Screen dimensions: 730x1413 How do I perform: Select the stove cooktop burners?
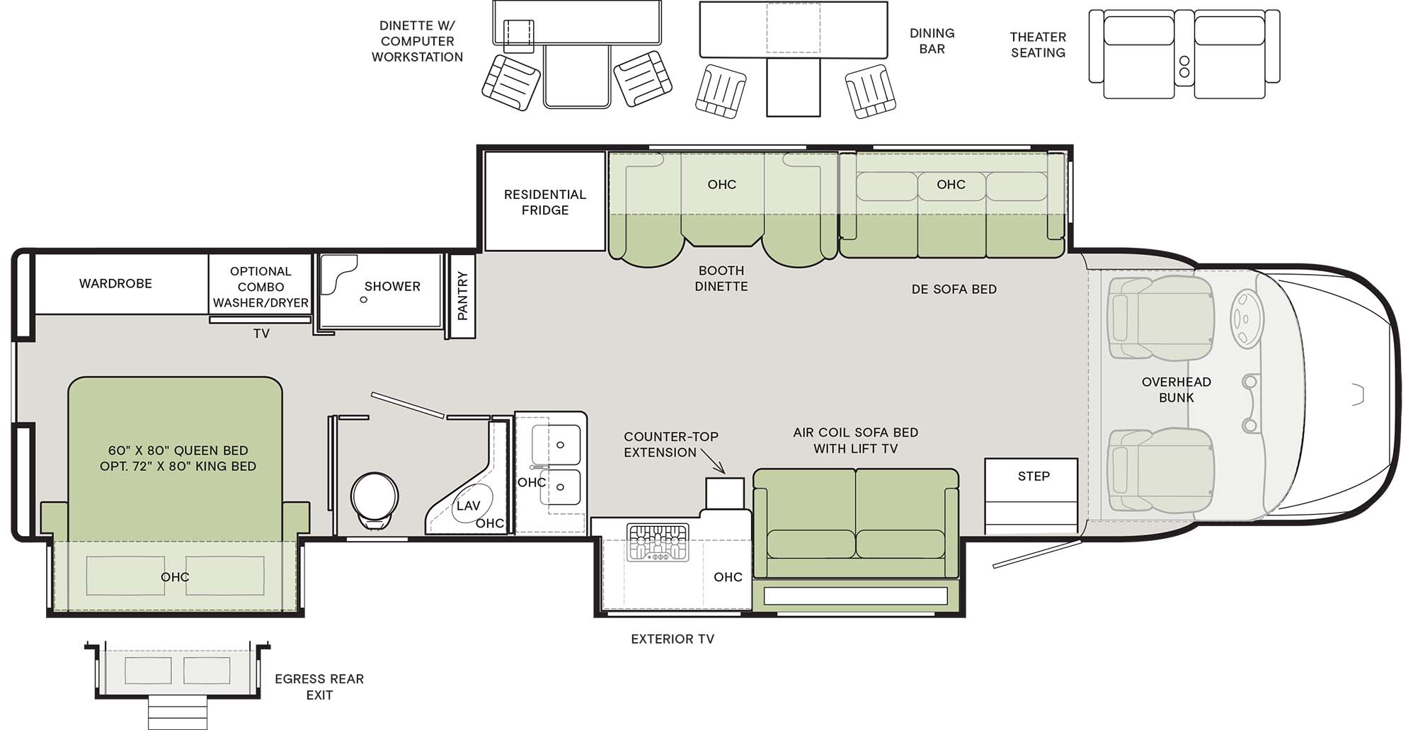tap(658, 542)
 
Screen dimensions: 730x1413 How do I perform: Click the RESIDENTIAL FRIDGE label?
tap(544, 202)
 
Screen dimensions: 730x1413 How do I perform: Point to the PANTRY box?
tap(462, 296)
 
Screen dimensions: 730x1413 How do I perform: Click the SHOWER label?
tap(391, 286)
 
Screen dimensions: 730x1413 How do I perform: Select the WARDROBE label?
tap(115, 283)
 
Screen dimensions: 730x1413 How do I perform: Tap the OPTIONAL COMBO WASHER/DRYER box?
tap(261, 287)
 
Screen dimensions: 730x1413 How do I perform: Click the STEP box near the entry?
tap(1033, 477)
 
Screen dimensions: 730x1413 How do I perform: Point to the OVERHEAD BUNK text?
tap(1176, 389)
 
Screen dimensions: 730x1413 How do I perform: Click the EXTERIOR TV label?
tap(672, 639)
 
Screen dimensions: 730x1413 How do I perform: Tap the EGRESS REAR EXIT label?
tap(319, 686)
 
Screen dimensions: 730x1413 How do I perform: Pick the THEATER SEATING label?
tap(1037, 45)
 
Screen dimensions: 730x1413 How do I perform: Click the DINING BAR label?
tap(932, 41)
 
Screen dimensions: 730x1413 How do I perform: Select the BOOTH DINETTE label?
tap(721, 278)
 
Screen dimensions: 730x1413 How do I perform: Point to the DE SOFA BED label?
tap(954, 289)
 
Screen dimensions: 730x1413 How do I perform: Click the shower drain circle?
tap(364, 300)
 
